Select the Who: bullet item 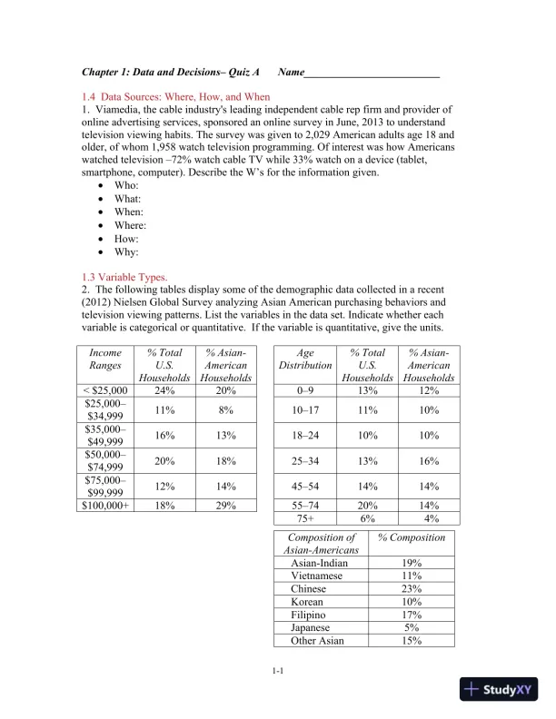[x=126, y=185]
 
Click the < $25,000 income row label [x=105, y=390]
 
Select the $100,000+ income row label [x=105, y=505]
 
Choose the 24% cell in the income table [x=164, y=390]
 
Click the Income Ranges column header [x=105, y=359]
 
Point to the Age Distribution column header [x=305, y=359]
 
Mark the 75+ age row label [x=305, y=518]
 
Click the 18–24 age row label [x=305, y=435]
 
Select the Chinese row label [x=308, y=588]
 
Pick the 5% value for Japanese [x=412, y=627]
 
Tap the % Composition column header [x=412, y=537]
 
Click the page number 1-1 [x=278, y=671]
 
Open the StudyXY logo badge [x=500, y=690]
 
